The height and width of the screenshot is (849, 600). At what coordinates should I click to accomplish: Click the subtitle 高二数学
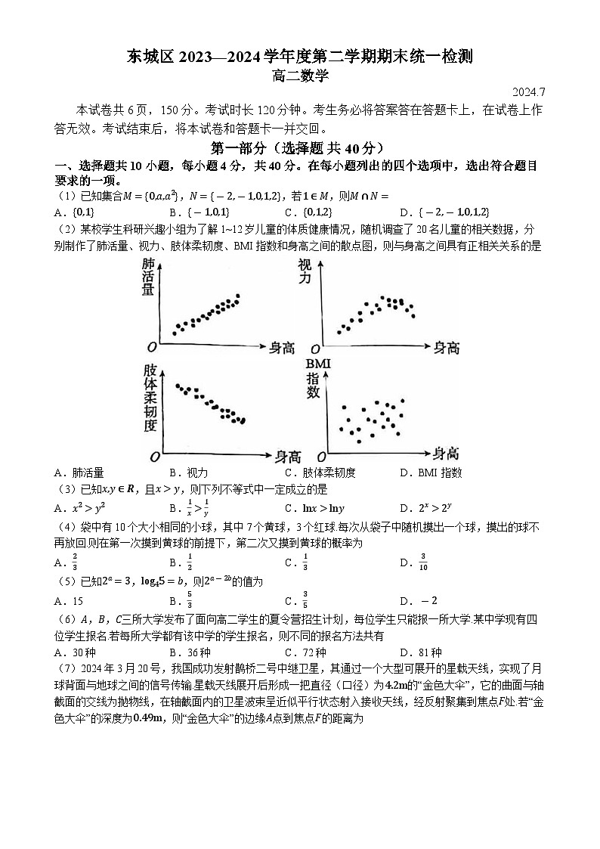coord(300,75)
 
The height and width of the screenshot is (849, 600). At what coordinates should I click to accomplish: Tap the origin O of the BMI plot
coord(320,457)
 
